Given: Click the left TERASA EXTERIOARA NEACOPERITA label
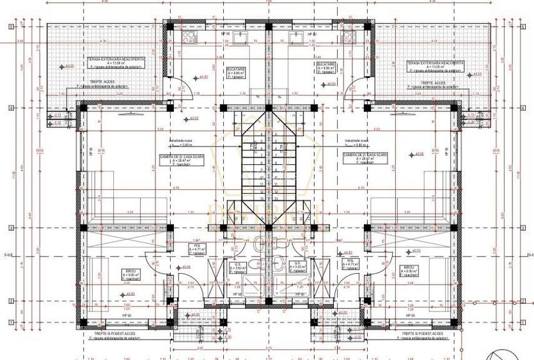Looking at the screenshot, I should pyautogui.click(x=116, y=59).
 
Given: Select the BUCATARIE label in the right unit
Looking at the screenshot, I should pyautogui.click(x=326, y=65).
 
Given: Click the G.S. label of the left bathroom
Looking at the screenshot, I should pyautogui.click(x=237, y=263).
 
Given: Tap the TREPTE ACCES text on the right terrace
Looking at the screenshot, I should pyautogui.click(x=433, y=82).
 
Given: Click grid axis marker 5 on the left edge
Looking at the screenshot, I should pyautogui.click(x=11, y=26).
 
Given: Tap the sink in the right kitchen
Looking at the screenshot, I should pyautogui.click(x=297, y=38).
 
